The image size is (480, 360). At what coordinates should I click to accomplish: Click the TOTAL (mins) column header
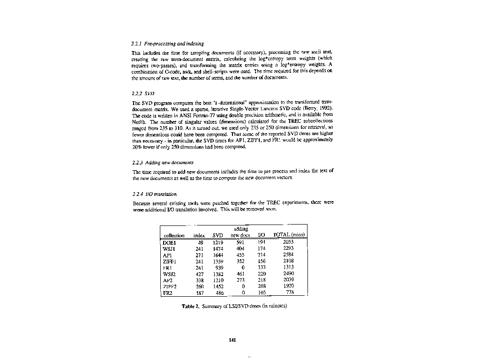pos(289,234)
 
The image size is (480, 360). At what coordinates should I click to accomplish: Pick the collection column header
pos(173,235)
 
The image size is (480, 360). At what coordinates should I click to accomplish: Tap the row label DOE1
pos(169,242)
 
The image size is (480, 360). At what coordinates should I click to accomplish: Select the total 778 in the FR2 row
pos(290,292)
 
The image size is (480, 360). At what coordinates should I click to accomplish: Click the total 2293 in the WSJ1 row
pos(288,248)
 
